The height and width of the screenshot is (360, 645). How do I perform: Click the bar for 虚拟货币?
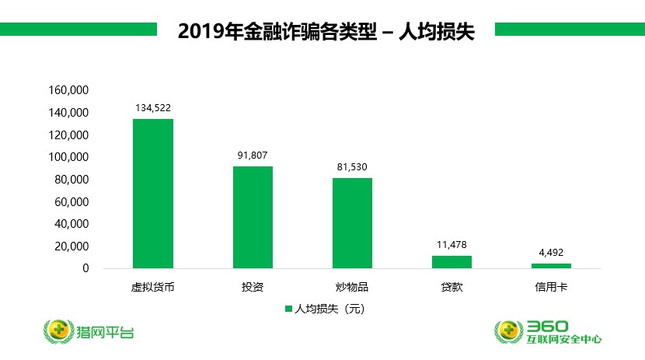coord(153,194)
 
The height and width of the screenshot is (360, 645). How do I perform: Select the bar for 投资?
coord(253,218)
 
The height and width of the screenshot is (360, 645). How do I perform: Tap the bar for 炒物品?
coord(352,223)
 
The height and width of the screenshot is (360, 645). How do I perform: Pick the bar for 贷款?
coord(451,262)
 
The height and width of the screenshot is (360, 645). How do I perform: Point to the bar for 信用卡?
coord(551,266)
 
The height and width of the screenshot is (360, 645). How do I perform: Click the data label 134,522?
coord(153,107)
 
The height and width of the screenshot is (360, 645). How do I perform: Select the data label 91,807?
coord(253,155)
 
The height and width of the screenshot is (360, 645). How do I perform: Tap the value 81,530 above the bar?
coord(352,166)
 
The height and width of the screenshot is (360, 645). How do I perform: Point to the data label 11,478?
coord(451,244)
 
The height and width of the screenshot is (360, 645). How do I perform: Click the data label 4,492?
coord(551,252)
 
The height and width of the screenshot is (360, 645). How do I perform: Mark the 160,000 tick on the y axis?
coord(70,90)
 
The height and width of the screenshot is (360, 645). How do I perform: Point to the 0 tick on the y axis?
coord(86,268)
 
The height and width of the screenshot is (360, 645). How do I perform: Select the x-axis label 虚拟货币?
coord(152,287)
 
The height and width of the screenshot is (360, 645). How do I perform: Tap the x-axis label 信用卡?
coord(551,287)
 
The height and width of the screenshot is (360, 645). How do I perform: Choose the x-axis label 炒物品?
coord(352,287)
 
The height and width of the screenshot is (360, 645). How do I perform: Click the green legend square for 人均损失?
coord(289,309)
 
